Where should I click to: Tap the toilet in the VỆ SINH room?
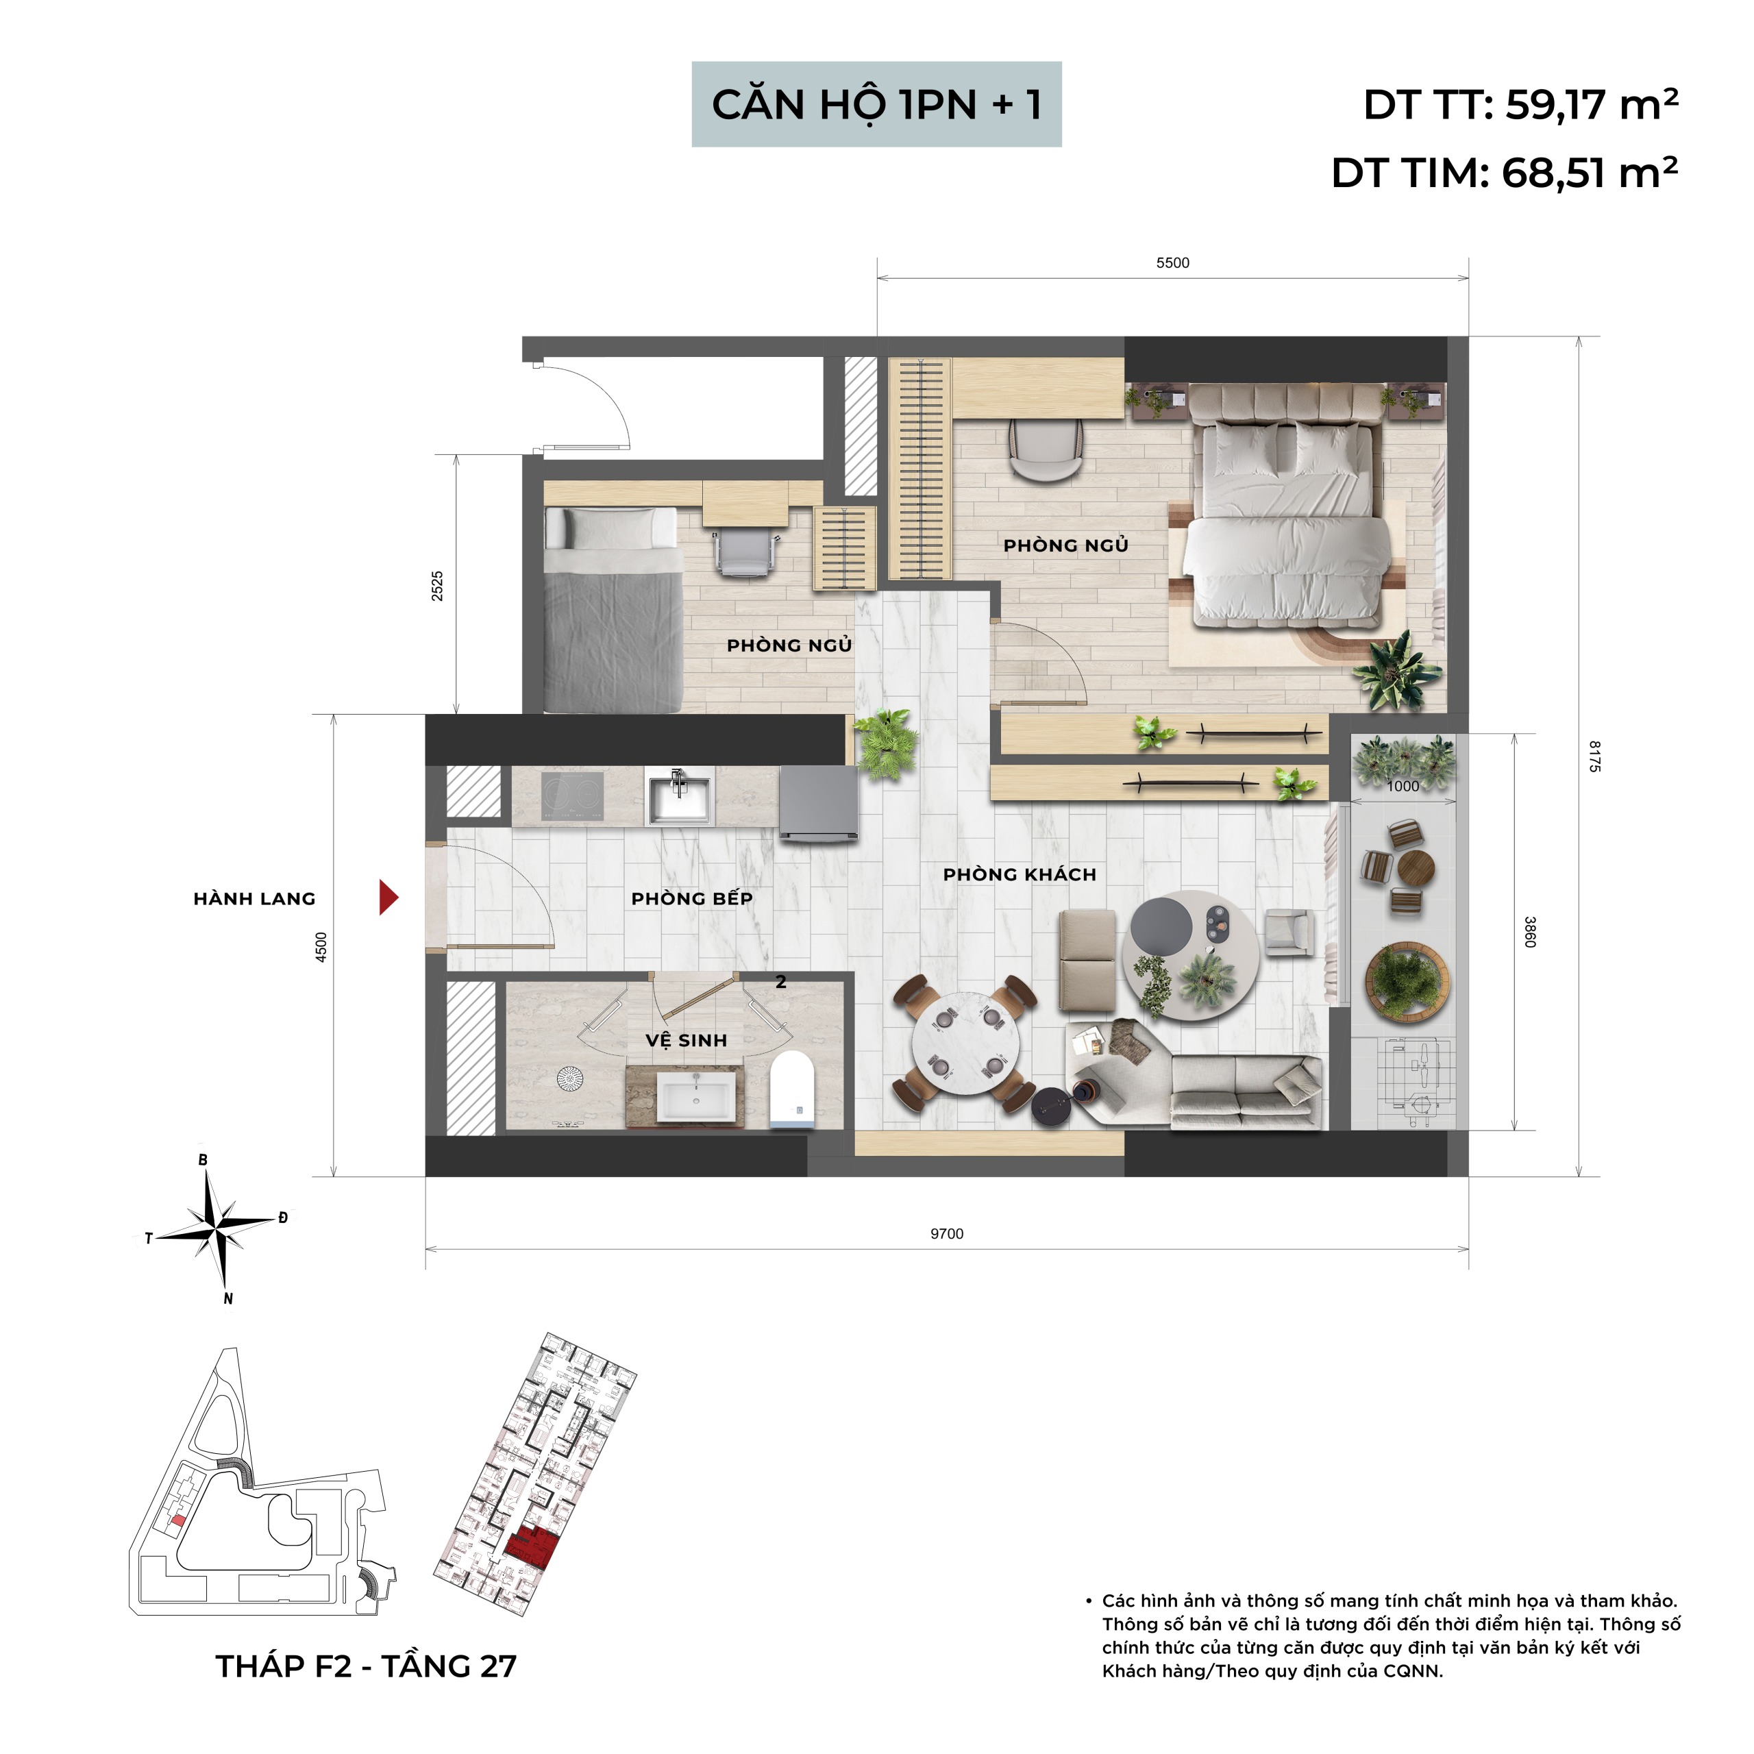(793, 1090)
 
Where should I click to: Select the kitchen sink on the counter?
(679, 796)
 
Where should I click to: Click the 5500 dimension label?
(1172, 263)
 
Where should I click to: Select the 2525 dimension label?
(438, 586)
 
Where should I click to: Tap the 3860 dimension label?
(1530, 932)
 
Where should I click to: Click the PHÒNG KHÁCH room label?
(1020, 874)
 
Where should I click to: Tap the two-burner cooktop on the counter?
(573, 795)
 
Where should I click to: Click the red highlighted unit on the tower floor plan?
(531, 1546)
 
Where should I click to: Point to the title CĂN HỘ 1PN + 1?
(876, 104)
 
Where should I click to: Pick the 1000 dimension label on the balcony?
(1403, 786)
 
